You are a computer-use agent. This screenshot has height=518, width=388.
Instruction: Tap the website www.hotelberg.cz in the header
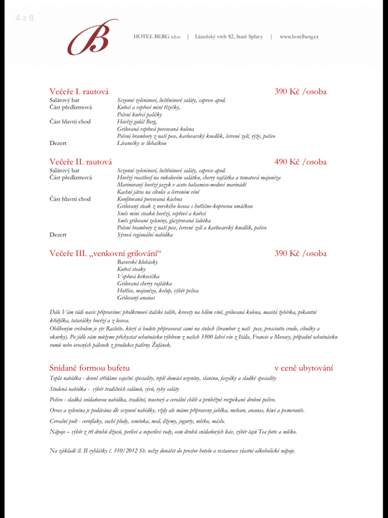click(299, 36)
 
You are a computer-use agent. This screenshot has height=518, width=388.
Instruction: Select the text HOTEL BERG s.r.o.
click(156, 36)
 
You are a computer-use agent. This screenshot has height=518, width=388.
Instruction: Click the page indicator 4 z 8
click(24, 17)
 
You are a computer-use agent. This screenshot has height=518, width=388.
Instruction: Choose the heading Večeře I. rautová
click(79, 92)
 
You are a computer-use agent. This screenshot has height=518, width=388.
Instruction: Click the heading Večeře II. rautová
click(81, 161)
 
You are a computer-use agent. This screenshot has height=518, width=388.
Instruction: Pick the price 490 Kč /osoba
click(300, 161)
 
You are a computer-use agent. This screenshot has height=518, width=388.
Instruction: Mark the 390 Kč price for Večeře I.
click(300, 92)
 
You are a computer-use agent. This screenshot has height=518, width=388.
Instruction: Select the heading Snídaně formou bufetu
click(89, 368)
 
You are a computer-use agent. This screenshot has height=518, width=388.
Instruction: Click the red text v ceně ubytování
click(303, 368)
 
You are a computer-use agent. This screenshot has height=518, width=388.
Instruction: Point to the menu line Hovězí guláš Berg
click(136, 122)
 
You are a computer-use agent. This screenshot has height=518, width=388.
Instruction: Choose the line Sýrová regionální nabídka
click(145, 235)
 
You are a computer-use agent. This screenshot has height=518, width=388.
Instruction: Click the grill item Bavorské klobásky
click(137, 262)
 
